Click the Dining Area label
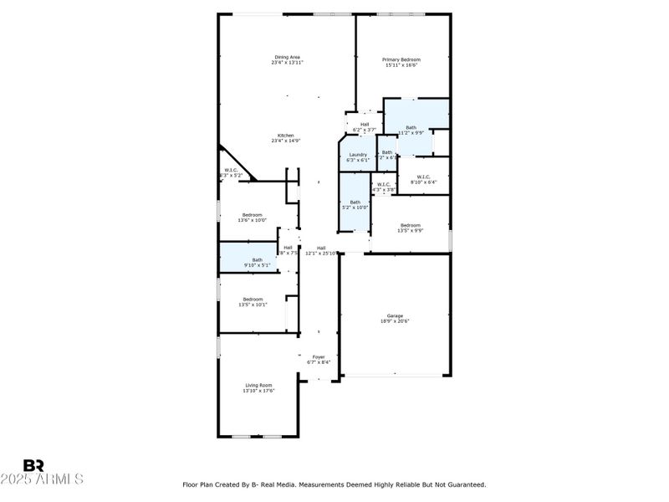click(287, 57)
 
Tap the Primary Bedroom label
click(401, 59)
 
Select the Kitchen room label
click(287, 136)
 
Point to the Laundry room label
click(358, 154)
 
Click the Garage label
click(396, 315)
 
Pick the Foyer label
click(319, 356)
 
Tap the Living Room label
click(258, 385)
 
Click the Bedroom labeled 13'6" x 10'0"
click(253, 215)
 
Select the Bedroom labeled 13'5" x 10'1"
click(253, 300)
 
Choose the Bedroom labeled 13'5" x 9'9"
click(410, 225)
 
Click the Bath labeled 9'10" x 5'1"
click(258, 259)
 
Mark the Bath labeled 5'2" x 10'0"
click(355, 202)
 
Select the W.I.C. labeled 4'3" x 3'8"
click(383, 184)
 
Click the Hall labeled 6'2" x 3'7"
click(365, 124)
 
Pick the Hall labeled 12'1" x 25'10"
click(320, 248)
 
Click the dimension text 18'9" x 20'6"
click(396, 320)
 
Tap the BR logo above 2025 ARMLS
click(33, 465)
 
